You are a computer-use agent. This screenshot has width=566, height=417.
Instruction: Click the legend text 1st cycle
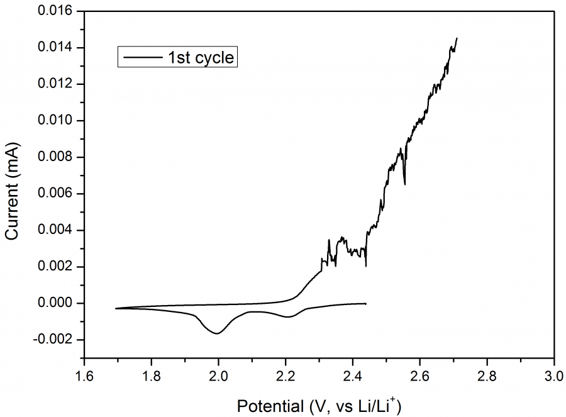point(200,58)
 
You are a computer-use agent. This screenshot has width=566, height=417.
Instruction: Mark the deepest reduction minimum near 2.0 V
point(218,333)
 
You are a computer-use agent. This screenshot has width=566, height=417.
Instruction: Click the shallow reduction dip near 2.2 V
point(288,316)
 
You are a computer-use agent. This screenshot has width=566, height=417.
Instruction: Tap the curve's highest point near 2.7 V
point(457,38)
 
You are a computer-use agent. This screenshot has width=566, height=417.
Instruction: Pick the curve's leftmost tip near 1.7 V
point(116,308)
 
